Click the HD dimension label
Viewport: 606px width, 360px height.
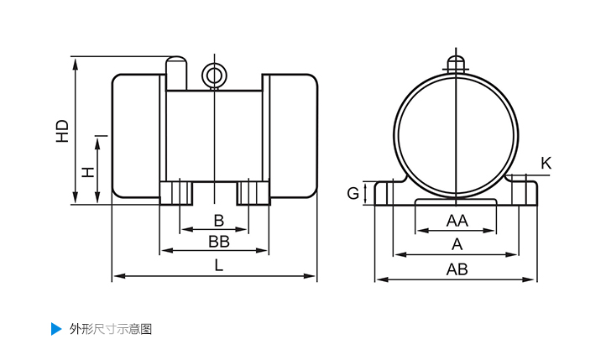[x=62, y=130]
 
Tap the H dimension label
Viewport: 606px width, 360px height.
[x=87, y=172]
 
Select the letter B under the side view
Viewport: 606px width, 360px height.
[x=218, y=221]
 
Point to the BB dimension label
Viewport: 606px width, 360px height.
[x=218, y=242]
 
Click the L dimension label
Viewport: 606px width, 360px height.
[x=218, y=266]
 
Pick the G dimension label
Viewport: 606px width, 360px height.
[x=353, y=194]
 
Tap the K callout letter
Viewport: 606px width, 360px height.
[x=546, y=163]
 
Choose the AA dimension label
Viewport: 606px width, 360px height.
[x=457, y=221]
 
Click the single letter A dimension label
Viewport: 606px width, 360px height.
[x=457, y=244]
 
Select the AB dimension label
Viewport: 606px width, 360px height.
[x=457, y=269]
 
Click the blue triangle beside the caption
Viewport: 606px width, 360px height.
[x=56, y=328]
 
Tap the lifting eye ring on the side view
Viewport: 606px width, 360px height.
[x=215, y=76]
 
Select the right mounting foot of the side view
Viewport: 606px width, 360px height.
[x=253, y=192]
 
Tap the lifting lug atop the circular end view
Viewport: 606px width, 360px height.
[x=456, y=64]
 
